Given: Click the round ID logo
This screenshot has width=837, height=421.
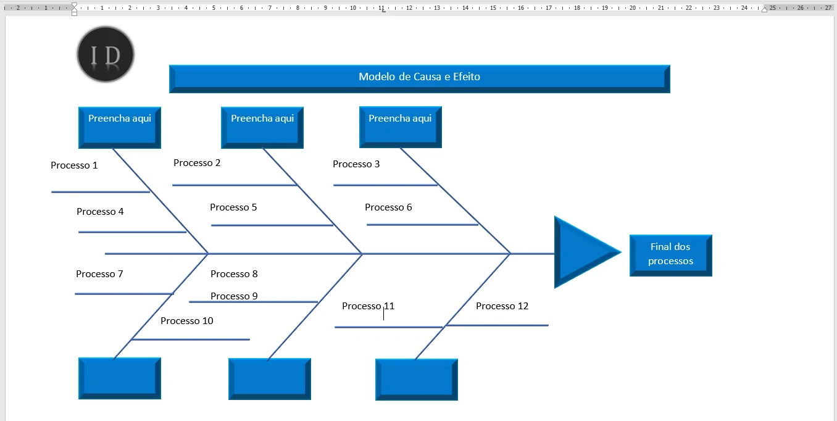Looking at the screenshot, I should [x=106, y=54].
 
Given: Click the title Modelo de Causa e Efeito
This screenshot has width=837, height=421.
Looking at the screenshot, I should [x=419, y=77].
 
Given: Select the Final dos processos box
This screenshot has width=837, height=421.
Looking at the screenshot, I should [x=670, y=254].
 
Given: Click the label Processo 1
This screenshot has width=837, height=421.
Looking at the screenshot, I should [x=74, y=165].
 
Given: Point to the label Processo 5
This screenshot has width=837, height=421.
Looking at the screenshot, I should [x=233, y=207].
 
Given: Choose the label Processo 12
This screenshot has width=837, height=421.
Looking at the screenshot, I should [x=502, y=306].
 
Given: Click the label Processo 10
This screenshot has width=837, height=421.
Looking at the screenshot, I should [x=187, y=321].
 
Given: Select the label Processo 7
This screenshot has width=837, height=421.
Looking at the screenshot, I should [x=99, y=274].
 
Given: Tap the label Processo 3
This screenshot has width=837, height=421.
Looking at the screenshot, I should [x=356, y=164].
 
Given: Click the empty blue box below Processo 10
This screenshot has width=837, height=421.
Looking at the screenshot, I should [x=120, y=378].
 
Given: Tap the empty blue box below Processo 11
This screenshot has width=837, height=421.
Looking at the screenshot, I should [x=416, y=379].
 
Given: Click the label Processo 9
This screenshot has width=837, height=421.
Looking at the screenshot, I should [x=234, y=296].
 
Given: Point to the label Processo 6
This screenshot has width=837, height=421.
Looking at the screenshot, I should [x=388, y=207].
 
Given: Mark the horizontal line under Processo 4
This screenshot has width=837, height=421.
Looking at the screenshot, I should [x=132, y=232].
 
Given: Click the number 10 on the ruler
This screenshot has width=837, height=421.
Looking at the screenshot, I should [x=353, y=8].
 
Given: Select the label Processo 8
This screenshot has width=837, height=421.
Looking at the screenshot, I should [x=234, y=274].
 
